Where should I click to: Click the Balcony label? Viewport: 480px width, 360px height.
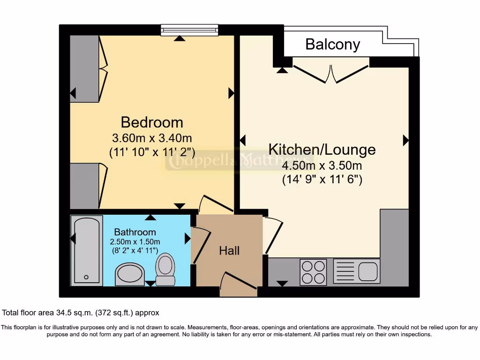point(332,44)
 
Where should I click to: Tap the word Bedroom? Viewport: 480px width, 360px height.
point(152,122)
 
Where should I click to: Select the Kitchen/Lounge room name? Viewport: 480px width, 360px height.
point(322,150)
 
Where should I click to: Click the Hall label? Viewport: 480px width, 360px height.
point(229,251)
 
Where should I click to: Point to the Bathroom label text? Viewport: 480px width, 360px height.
point(135,232)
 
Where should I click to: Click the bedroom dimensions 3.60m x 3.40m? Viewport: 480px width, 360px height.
point(152,138)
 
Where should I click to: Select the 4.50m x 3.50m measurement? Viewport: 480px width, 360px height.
point(322,165)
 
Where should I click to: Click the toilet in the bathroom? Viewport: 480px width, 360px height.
point(165,269)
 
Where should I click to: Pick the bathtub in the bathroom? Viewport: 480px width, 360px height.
point(86,250)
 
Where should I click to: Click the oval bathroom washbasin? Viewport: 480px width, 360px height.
point(130,274)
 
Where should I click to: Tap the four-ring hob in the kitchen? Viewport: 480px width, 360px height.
point(313,272)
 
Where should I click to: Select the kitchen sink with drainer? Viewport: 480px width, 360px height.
point(356,271)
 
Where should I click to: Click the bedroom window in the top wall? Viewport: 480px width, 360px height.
point(189,30)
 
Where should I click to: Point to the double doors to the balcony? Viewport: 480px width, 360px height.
point(331,73)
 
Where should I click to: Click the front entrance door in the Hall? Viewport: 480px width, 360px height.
point(238,284)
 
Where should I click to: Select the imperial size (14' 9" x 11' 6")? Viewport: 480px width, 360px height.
point(322,179)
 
